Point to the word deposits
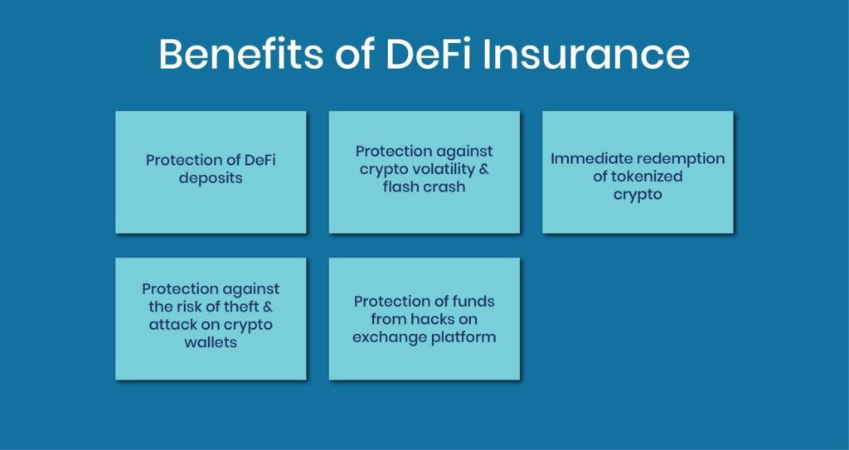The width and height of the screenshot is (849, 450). (211, 178)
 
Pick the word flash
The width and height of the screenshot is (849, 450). (403, 187)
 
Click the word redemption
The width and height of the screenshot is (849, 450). (683, 158)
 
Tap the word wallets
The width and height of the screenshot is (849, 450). (211, 342)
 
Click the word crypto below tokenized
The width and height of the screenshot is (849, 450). (638, 195)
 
